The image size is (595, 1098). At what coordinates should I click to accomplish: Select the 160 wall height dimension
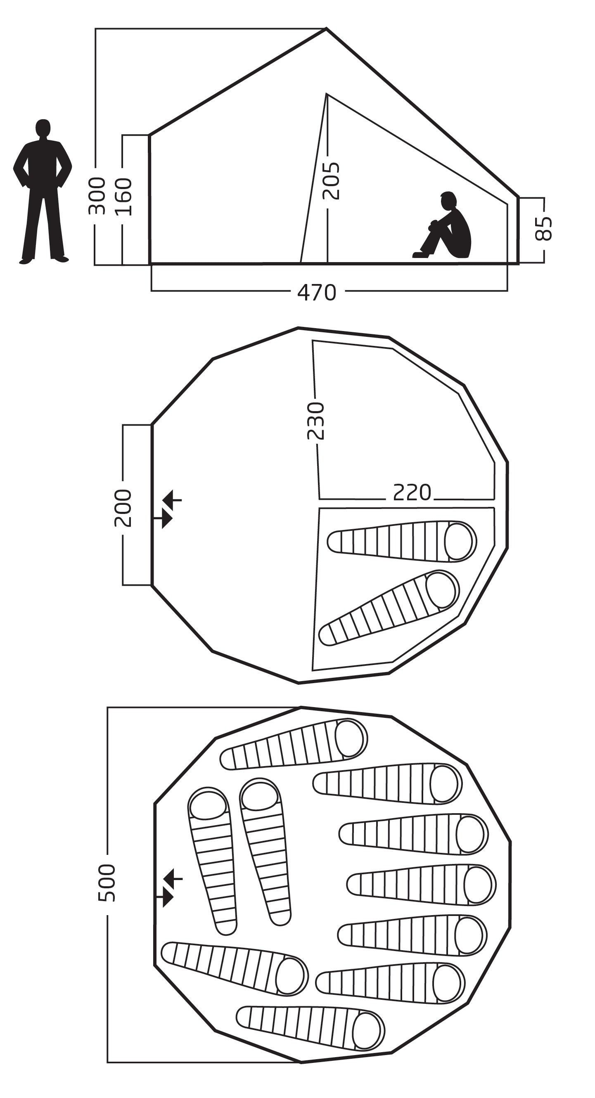point(124,196)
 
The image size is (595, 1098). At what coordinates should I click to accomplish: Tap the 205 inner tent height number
point(331,181)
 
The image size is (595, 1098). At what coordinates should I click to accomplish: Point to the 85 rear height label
point(543,229)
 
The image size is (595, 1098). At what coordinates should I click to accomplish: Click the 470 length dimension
point(316,292)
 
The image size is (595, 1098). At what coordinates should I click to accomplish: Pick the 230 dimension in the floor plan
point(316,420)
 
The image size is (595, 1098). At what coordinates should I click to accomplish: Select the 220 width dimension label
point(412,492)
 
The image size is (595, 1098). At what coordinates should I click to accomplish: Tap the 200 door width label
point(123,508)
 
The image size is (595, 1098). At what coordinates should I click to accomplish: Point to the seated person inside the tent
point(448,226)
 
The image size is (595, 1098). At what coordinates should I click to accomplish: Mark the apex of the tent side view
point(326,29)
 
